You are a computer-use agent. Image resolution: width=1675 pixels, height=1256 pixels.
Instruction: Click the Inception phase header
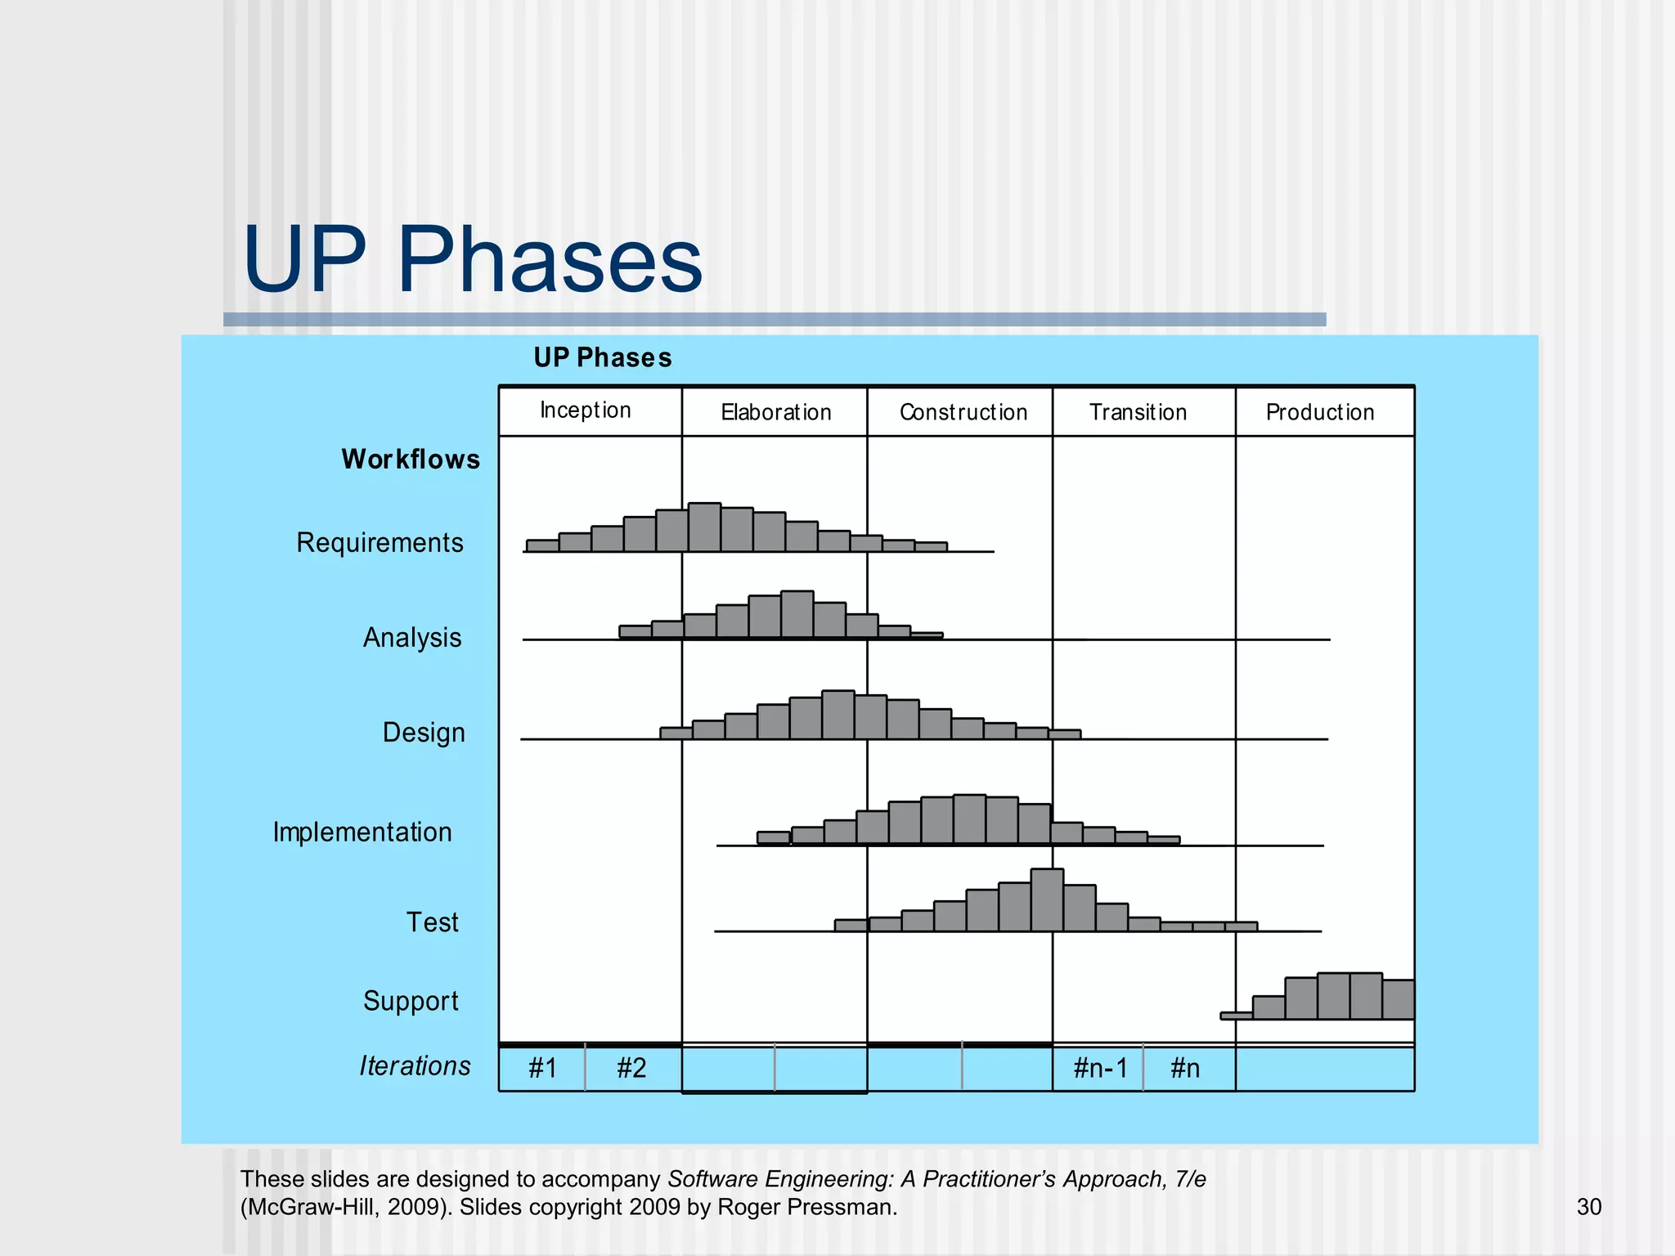click(x=586, y=410)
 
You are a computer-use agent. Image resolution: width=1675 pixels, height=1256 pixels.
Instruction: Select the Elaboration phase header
click(x=775, y=412)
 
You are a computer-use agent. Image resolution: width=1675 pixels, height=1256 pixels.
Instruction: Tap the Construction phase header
click(x=963, y=412)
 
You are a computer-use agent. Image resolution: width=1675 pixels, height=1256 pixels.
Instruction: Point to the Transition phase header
click(x=1138, y=412)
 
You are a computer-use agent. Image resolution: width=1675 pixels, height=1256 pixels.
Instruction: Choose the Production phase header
click(x=1320, y=412)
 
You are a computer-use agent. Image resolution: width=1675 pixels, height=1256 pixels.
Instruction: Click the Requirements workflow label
click(x=379, y=543)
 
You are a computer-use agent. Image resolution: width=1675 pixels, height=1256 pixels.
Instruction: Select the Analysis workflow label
click(x=412, y=638)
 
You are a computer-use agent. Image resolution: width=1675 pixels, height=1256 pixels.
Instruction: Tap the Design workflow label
click(x=424, y=733)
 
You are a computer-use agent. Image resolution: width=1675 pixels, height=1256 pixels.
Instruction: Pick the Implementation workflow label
click(x=362, y=832)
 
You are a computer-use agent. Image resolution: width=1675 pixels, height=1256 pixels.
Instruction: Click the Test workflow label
click(x=433, y=922)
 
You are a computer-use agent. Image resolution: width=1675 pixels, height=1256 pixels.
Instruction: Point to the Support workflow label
click(x=411, y=1001)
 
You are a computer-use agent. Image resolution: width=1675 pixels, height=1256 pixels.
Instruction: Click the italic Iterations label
click(x=415, y=1066)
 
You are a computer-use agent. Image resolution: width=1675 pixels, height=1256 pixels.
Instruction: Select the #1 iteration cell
click(x=542, y=1068)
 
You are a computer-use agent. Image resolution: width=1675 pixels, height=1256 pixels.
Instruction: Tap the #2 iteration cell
click(x=631, y=1068)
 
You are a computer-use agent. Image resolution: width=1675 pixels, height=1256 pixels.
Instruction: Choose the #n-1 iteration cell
click(x=1100, y=1068)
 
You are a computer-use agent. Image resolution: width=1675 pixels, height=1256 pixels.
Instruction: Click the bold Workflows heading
click(x=411, y=460)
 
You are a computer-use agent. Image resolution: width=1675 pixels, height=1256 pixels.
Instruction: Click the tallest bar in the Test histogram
click(x=1047, y=900)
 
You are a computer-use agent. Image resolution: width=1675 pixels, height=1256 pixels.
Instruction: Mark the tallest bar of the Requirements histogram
click(x=704, y=527)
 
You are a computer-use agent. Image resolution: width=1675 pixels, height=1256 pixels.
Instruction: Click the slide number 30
click(x=1588, y=1207)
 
